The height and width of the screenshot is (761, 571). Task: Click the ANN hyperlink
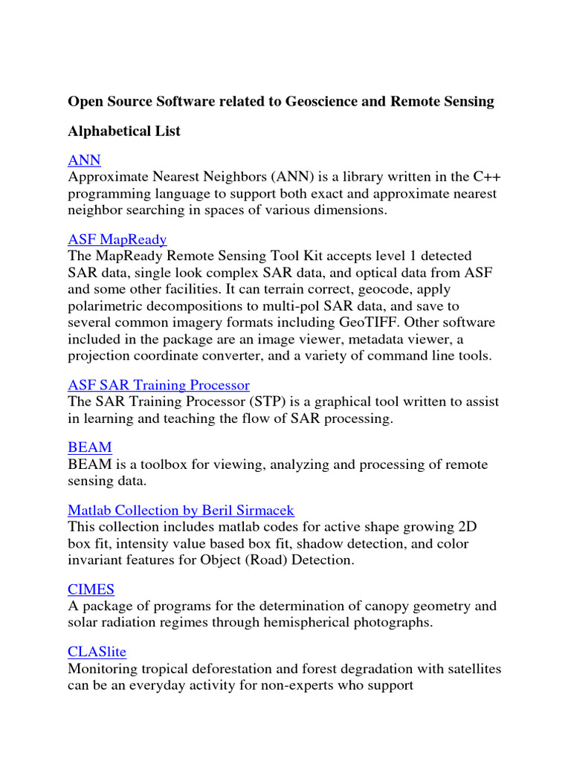[84, 160]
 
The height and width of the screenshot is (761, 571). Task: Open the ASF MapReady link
[117, 239]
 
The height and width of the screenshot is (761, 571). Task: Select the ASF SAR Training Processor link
[158, 385]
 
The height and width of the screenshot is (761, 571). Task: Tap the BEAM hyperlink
[89, 447]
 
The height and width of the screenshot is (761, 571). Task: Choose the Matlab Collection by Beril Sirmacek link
[181, 511]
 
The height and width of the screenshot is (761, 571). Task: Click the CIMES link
[91, 589]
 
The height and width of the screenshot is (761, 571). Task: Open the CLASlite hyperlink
[97, 652]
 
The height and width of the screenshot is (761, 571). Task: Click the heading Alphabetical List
[124, 132]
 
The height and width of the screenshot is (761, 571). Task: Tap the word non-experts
[316, 685]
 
